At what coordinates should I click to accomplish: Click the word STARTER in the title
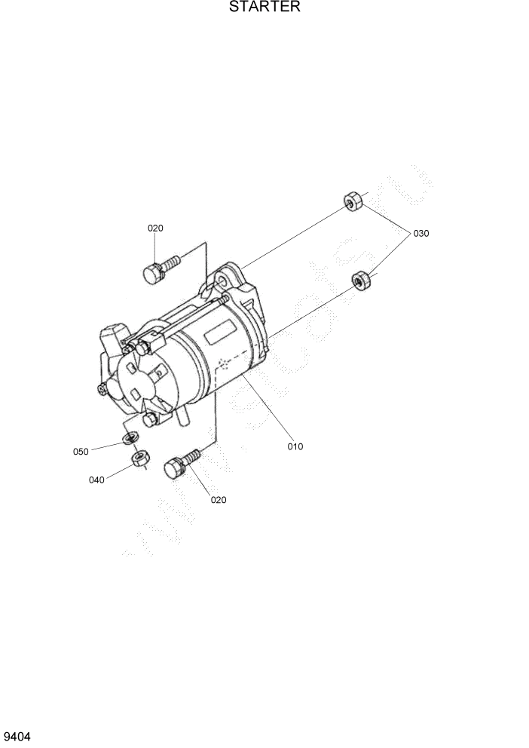(264, 8)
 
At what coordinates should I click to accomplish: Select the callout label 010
(295, 446)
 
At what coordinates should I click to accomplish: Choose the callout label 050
(81, 452)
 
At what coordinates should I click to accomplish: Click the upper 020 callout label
(155, 228)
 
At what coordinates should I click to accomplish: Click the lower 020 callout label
(219, 499)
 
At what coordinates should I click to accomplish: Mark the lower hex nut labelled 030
(361, 280)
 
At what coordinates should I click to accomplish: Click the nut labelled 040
(139, 458)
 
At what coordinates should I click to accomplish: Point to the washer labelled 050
(130, 438)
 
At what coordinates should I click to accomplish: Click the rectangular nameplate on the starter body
(219, 331)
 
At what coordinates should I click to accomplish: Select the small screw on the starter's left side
(102, 389)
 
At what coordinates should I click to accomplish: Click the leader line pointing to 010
(268, 408)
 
